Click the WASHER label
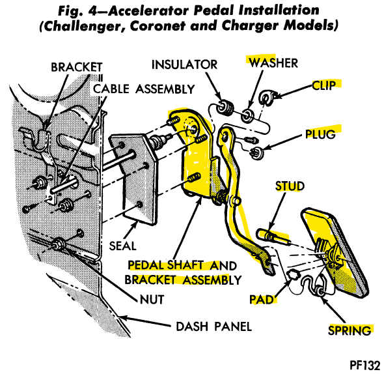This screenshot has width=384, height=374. (273, 63)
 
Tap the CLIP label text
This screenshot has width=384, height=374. (323, 85)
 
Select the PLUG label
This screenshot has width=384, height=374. (320, 134)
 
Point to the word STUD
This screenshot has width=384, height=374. (290, 186)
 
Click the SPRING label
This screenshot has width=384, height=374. (350, 330)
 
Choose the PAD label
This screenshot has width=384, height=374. (261, 300)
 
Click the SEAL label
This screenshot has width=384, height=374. (122, 246)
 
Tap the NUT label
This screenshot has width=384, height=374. (152, 299)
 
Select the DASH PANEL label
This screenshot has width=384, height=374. (213, 326)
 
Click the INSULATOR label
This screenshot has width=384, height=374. (184, 65)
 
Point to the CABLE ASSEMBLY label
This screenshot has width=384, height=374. (144, 89)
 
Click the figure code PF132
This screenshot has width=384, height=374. (365, 365)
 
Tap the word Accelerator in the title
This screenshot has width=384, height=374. (148, 10)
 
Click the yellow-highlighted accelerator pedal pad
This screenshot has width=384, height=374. (335, 253)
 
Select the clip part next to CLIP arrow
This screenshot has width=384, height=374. (266, 98)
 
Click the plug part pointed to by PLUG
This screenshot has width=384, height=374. (256, 152)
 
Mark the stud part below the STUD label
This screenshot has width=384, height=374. (273, 236)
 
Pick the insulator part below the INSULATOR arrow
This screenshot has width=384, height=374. (225, 107)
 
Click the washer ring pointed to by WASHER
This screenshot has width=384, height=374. (247, 115)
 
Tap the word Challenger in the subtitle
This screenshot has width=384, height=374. (83, 26)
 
